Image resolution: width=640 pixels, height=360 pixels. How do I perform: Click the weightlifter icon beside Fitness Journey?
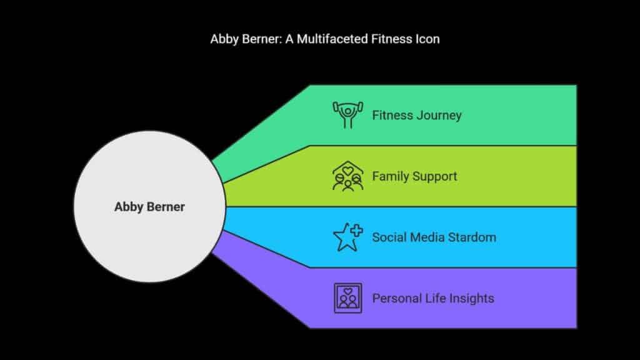click(x=347, y=115)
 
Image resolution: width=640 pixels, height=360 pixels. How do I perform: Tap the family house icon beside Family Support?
click(x=347, y=176)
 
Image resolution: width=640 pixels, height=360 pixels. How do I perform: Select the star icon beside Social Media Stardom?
click(x=347, y=237)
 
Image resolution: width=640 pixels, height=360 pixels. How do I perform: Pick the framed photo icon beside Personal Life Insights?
click(x=347, y=298)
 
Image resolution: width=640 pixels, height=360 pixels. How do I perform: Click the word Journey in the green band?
click(x=439, y=116)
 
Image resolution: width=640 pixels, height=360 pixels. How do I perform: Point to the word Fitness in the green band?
click(x=392, y=115)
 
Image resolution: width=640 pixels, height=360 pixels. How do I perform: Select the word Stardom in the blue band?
click(x=472, y=237)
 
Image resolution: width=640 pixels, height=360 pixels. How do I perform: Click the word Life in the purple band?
click(x=435, y=298)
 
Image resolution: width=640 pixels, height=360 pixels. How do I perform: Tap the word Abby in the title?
click(x=224, y=39)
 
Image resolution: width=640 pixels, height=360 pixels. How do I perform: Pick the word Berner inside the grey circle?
click(x=166, y=206)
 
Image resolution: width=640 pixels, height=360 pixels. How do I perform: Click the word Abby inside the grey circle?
click(x=129, y=207)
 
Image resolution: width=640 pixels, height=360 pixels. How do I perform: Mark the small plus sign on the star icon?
click(x=356, y=231)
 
